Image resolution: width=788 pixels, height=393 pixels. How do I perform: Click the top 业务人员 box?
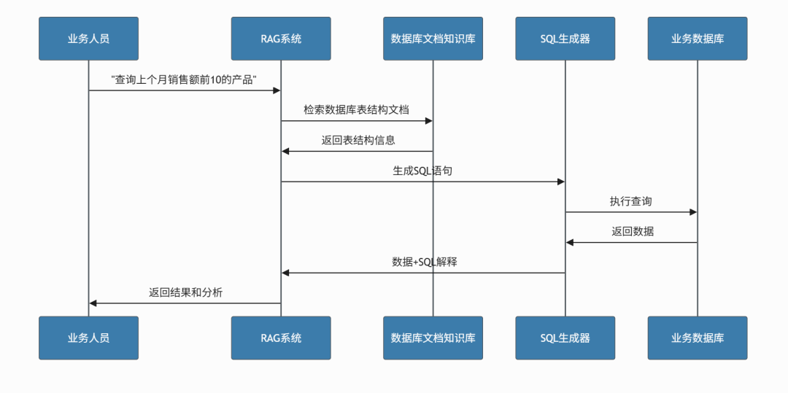coord(88,39)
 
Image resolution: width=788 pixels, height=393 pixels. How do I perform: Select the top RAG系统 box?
coord(281,39)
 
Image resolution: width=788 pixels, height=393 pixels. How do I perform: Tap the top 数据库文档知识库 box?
coord(433,39)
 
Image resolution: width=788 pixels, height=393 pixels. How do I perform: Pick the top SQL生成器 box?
coord(565,39)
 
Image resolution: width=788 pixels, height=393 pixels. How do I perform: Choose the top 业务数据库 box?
coord(697,39)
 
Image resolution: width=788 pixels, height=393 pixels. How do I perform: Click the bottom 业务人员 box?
coord(88,338)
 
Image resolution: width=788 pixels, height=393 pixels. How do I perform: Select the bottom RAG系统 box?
coord(281,338)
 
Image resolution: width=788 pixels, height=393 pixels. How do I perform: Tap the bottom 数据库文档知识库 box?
coord(433,338)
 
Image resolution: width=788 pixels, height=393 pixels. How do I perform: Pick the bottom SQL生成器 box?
coord(565,338)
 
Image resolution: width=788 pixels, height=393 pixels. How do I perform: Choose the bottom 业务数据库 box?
coord(697,338)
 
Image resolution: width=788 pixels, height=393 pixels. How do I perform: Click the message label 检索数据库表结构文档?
coord(356,109)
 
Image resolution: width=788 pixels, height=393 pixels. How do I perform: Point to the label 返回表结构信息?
coord(358,140)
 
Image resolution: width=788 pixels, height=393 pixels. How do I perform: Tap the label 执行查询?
coord(631,201)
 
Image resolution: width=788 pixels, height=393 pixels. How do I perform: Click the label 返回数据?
coord(633,232)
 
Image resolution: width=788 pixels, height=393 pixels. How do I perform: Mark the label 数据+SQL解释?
coord(424,262)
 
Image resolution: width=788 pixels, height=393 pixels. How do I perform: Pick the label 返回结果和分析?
coord(185,292)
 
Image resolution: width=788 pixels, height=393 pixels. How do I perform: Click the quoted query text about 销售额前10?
coord(185,79)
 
